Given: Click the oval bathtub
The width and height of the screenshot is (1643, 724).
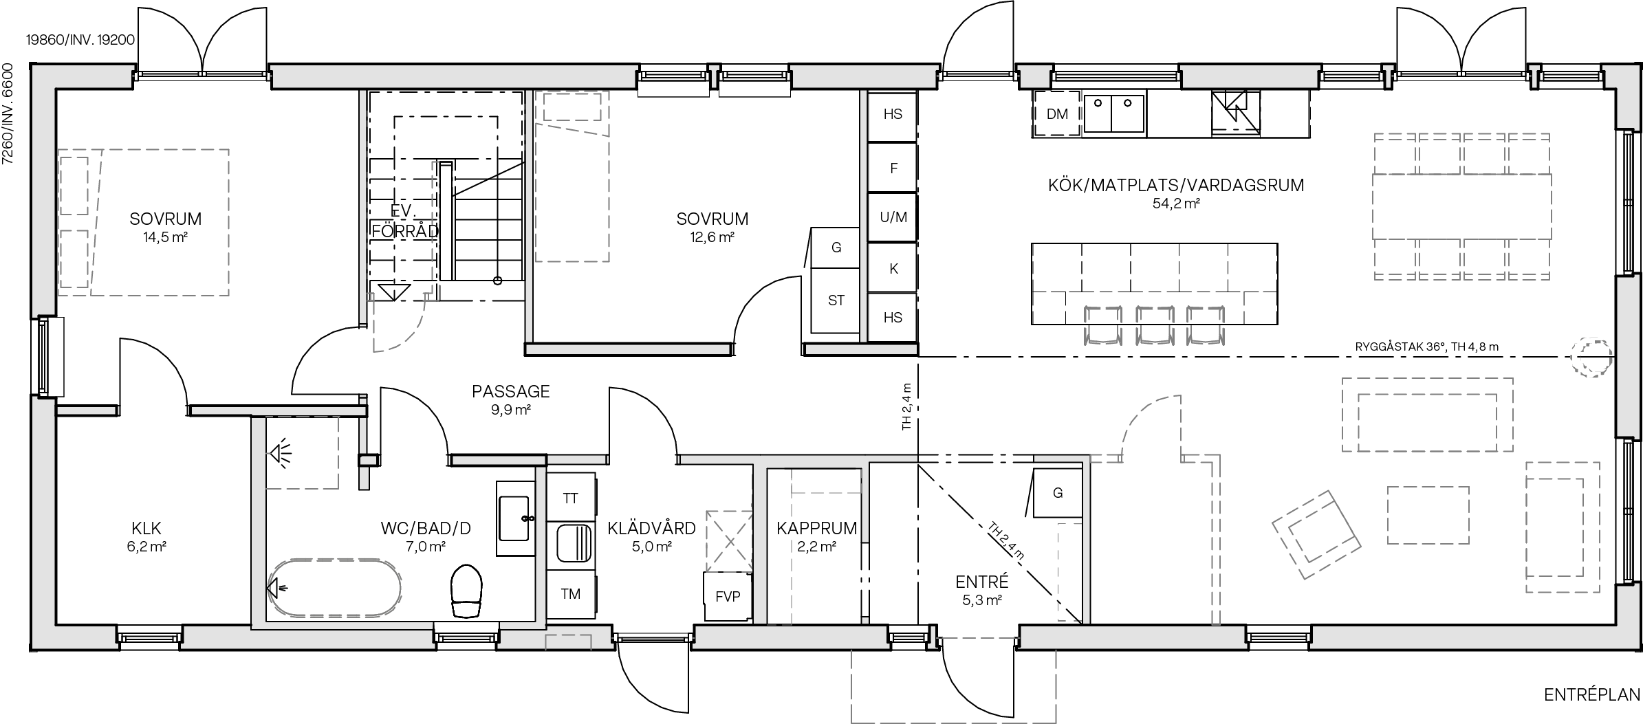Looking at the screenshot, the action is [335, 587].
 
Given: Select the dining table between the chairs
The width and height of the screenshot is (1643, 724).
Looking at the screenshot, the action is [1461, 206].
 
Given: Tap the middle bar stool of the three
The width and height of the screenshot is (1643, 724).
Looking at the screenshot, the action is [1154, 325].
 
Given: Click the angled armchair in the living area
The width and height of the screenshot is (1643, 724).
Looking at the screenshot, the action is [1316, 534].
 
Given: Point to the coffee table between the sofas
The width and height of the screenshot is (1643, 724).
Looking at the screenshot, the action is [1428, 515].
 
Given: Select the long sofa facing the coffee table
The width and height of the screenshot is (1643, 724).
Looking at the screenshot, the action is [1427, 415].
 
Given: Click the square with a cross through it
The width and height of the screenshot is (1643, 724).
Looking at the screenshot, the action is [729, 541].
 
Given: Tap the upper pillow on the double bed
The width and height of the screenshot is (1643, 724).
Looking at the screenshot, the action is [74, 186].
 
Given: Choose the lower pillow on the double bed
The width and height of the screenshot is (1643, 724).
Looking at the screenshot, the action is [74, 259].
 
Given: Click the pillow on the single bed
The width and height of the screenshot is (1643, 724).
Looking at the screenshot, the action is [572, 107].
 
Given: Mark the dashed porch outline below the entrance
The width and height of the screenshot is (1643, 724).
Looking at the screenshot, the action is [953, 688].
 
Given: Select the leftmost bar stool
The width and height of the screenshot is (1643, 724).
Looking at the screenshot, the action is [1102, 325].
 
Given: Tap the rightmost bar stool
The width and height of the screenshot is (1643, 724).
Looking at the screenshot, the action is [1206, 325].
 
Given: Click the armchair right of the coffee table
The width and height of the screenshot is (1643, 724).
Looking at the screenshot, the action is [1562, 527].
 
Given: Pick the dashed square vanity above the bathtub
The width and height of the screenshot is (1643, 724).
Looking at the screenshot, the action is [302, 452].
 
